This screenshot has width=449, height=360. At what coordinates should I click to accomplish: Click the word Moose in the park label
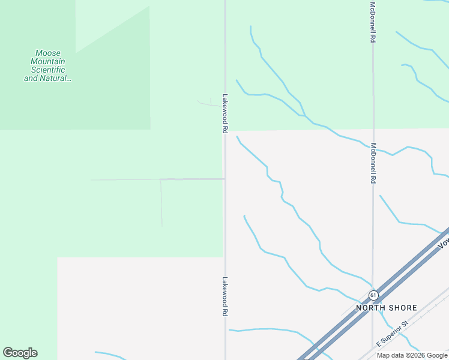48,53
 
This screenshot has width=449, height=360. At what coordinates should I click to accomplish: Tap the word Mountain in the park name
48,61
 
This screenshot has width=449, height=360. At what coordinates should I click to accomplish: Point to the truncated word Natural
56,78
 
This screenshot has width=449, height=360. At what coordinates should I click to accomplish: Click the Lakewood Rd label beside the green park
225,113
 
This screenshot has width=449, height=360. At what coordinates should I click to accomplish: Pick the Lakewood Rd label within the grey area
225,296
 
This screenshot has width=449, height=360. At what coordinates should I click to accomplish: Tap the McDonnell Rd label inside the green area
373,22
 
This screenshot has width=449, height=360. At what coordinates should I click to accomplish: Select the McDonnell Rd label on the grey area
373,163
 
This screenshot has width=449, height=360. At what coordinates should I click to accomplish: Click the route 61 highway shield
373,295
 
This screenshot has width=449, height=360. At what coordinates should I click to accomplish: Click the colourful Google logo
20,353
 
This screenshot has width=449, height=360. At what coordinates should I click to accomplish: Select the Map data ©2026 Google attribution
412,355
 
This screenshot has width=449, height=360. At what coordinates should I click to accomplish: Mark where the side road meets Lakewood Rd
225,179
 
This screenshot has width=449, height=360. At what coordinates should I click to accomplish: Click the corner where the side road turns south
161,179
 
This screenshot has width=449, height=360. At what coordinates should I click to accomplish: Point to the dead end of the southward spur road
162,226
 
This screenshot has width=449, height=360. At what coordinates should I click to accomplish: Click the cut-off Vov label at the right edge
444,242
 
